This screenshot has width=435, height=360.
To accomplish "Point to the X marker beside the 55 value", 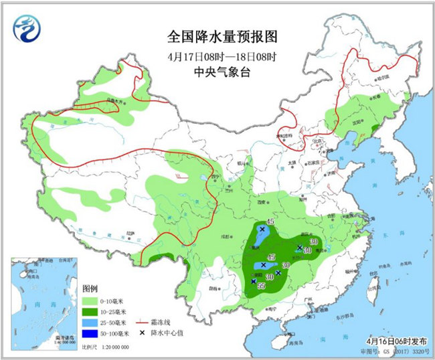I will [x=253, y=282].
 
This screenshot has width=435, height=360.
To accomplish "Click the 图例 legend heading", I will [x=90, y=288].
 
